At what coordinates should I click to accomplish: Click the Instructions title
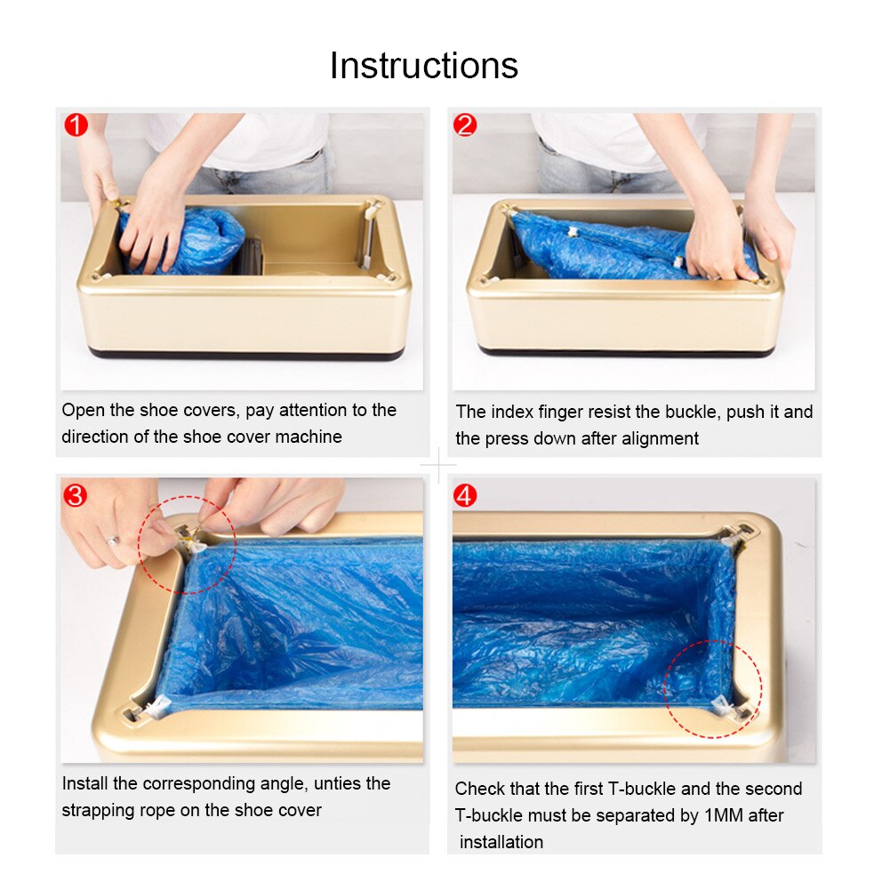423,66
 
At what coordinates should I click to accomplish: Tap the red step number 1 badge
76,125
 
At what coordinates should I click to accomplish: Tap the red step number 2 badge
465,125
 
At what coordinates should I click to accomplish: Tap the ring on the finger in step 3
112,540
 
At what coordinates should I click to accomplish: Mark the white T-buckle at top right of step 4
733,535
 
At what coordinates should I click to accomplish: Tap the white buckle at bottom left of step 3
156,709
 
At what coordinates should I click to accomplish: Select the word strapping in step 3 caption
95,811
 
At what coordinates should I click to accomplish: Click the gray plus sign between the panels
438,466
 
